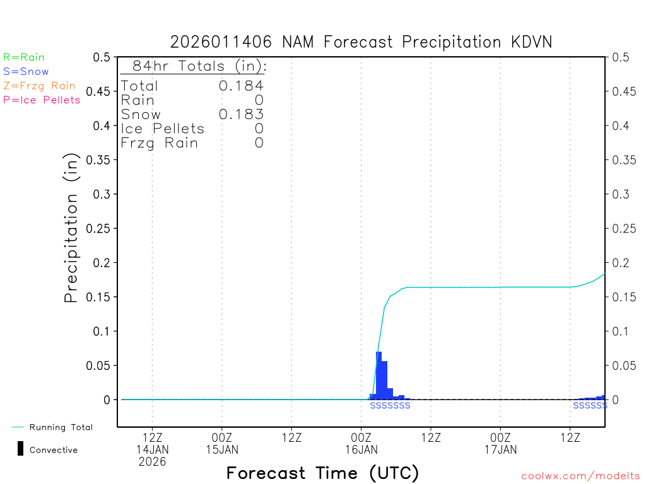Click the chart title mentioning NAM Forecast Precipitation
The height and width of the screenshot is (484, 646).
click(361, 42)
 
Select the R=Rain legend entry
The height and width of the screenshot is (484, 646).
click(24, 57)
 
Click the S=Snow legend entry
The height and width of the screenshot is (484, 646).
click(26, 72)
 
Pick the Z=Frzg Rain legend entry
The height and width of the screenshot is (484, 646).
click(39, 86)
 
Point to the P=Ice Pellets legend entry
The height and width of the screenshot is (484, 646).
click(42, 100)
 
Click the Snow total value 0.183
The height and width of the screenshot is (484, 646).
click(241, 114)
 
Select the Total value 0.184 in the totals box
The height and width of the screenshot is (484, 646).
click(241, 86)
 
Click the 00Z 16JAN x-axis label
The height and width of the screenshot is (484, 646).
click(361, 444)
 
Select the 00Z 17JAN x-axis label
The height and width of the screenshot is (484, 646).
click(500, 444)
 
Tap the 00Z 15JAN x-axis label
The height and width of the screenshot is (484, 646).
click(222, 444)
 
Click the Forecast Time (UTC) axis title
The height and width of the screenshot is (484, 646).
click(322, 473)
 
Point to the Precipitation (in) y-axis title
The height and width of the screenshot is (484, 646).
click(72, 228)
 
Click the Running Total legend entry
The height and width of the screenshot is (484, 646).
click(61, 427)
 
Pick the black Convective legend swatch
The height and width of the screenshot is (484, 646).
click(20, 449)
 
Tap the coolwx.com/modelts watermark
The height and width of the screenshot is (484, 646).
click(580, 476)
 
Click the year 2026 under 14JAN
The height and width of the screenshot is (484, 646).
click(153, 461)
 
